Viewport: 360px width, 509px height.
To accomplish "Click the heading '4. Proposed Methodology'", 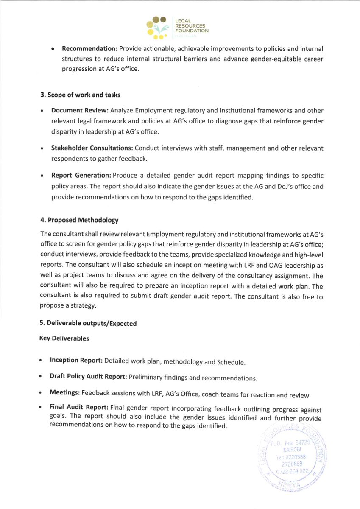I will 79,220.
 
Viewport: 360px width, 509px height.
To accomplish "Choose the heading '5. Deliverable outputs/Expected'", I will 88,323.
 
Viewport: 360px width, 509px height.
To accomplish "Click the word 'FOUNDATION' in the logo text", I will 191,31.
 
